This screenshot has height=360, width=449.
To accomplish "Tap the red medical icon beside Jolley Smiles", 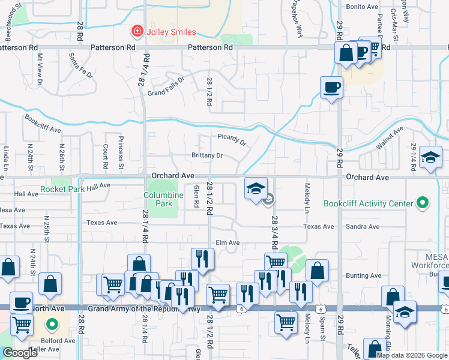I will (x=137, y=31).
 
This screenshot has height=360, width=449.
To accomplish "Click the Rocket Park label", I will (x=62, y=189).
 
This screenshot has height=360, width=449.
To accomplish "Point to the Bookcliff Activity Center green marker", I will (x=423, y=203).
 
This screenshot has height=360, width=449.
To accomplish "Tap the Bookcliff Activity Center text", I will (x=369, y=203).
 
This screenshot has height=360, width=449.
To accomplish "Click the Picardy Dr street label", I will (x=232, y=140).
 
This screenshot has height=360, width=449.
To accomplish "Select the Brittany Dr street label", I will (x=207, y=155).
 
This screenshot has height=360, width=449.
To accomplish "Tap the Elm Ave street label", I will (x=228, y=243).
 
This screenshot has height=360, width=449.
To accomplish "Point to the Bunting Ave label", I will (x=363, y=275).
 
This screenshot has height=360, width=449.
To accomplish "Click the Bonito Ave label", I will (x=363, y=6).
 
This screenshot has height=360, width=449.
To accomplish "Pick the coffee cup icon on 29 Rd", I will (x=331, y=88).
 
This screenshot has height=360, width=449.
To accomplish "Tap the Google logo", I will (x=20, y=353).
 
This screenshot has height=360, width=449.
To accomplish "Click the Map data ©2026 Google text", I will (x=412, y=355).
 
